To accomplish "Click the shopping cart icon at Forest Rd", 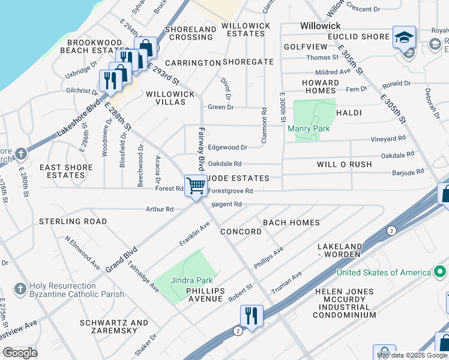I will tap(196, 187).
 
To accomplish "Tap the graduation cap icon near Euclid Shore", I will tap(404, 37).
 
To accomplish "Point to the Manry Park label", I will tap(309, 128).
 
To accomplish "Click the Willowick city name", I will tap(320, 26).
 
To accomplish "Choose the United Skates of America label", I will tap(384, 272).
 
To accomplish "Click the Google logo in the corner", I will tap(20, 353).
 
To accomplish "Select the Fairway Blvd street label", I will tap(202, 149).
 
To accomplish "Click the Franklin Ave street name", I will tap(194, 234).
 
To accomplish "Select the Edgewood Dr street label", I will tap(228, 147).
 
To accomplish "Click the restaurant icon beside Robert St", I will tap(252, 316).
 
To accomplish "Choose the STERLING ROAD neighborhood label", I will tap(73, 221).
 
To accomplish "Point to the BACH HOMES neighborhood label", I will tap(291, 223).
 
